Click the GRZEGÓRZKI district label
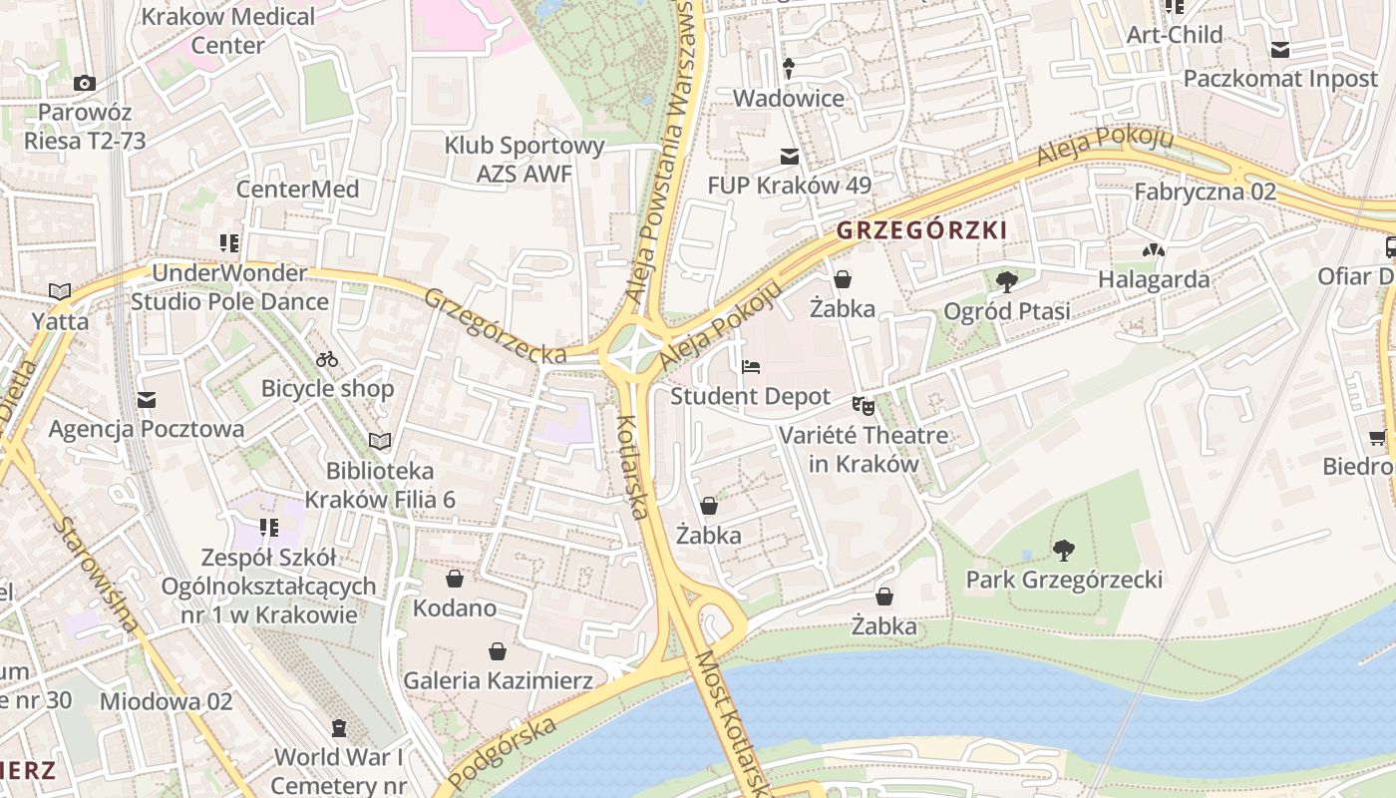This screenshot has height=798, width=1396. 921,230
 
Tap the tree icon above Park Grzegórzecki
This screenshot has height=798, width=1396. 1064,550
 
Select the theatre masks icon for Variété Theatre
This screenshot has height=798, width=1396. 863,406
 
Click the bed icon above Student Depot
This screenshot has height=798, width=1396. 751,367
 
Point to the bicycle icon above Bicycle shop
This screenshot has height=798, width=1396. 327,359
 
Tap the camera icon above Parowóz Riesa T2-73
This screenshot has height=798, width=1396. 85,83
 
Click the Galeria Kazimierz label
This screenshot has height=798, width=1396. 498,681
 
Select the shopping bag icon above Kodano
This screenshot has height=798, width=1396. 455,579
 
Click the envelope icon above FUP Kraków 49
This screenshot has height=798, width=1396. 790,156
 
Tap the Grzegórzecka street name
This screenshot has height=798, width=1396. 495,326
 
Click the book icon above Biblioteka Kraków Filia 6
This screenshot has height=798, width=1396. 380,441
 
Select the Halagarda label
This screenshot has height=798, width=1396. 1154,279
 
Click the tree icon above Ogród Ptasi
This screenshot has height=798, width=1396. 1007,282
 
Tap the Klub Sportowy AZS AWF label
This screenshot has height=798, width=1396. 524,160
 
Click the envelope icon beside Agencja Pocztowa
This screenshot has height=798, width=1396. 148,400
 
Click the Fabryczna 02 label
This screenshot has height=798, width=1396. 1205,192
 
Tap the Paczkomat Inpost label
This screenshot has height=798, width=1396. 1280,78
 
